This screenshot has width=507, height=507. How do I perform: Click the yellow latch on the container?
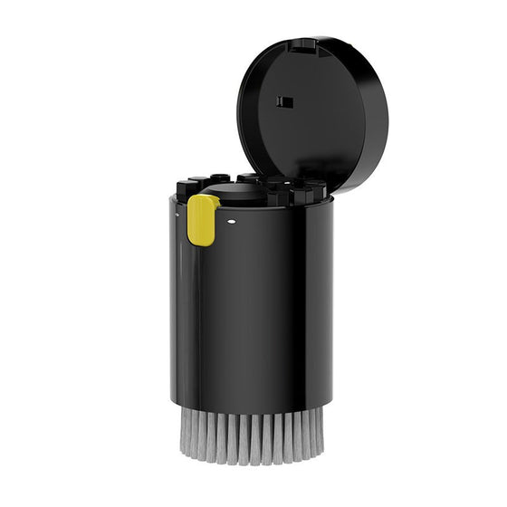pyautogui.click(x=201, y=222)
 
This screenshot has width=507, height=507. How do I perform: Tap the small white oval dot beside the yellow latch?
pyautogui.click(x=232, y=219)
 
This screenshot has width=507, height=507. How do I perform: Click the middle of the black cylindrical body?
pyautogui.click(x=252, y=308)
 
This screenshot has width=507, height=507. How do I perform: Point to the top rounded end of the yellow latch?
pyautogui.click(x=202, y=203)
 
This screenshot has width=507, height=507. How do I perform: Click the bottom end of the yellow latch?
pyautogui.click(x=200, y=242)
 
